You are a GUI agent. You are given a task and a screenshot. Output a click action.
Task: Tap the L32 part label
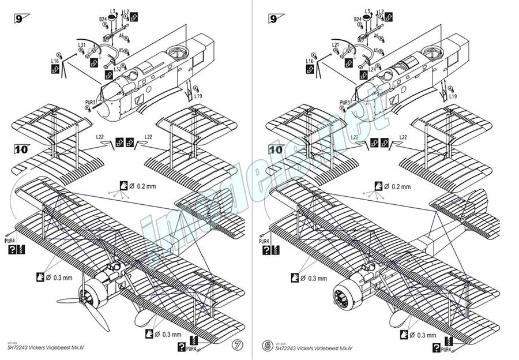(117, 69)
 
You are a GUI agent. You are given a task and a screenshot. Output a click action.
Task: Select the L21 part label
(334, 45)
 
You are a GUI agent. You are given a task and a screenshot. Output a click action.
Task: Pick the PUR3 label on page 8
(345, 103)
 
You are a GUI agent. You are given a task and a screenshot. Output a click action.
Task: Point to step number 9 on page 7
(19, 18)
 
